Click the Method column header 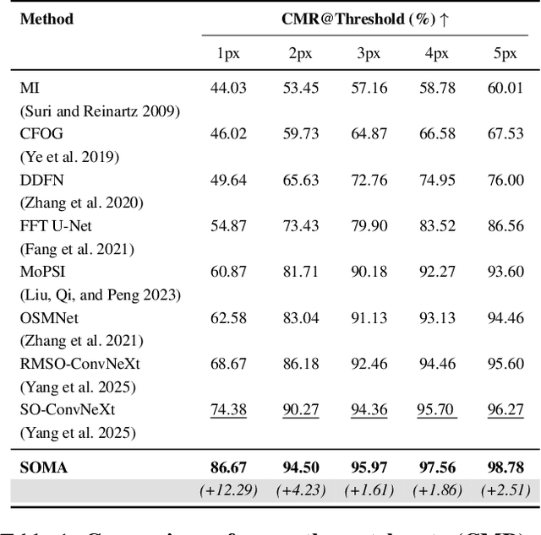point(46,19)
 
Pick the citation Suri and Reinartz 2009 point(99,111)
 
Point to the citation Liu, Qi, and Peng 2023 point(100,295)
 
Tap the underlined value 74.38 point(228,409)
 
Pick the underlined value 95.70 point(436,409)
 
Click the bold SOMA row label point(43,467)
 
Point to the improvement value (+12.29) point(228,490)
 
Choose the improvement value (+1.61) point(367,490)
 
